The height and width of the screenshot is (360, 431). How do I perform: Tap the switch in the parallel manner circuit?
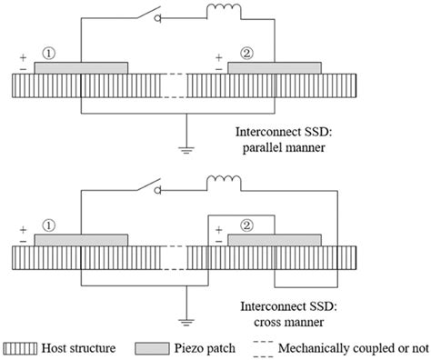tap(149, 14)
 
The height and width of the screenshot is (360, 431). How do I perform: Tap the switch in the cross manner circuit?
tap(149, 185)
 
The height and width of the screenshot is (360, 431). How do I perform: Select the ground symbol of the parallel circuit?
tap(186, 149)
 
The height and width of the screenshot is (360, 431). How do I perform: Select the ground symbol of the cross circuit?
tap(186, 322)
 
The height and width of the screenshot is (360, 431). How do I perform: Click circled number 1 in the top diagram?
tap(49, 54)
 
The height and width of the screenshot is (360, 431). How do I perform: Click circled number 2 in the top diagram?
tap(246, 54)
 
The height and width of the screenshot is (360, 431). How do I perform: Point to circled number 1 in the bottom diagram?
tap(49, 225)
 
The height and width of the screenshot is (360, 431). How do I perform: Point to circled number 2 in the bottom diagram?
tap(246, 225)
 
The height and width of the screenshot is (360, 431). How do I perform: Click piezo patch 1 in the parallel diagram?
tap(81, 68)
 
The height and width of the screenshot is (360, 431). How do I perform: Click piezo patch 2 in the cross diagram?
tap(275, 240)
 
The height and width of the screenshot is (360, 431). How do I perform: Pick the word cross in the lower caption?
tap(267, 322)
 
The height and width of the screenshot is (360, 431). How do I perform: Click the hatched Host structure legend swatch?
tap(20, 348)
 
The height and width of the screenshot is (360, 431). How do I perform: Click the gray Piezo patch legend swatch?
tap(152, 348)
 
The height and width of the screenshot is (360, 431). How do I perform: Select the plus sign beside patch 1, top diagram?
tap(23, 57)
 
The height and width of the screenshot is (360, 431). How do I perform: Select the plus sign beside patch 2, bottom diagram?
tap(219, 230)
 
